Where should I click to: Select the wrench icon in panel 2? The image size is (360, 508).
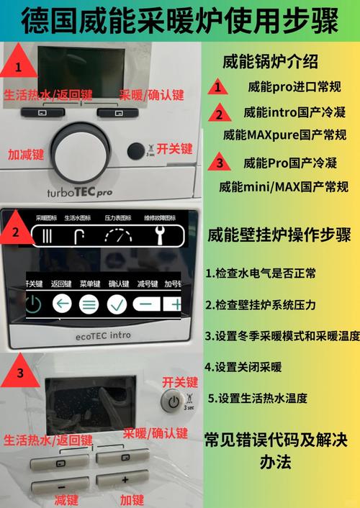[x=163, y=235]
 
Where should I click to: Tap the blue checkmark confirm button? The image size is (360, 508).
[x=117, y=304]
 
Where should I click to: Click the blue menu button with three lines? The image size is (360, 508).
[x=89, y=304]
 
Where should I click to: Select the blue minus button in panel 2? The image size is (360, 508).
[x=146, y=304]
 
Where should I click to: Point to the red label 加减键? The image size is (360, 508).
[x=26, y=154]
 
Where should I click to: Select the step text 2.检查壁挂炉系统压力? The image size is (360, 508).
[x=260, y=304]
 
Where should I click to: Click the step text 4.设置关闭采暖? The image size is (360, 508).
[x=243, y=366]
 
